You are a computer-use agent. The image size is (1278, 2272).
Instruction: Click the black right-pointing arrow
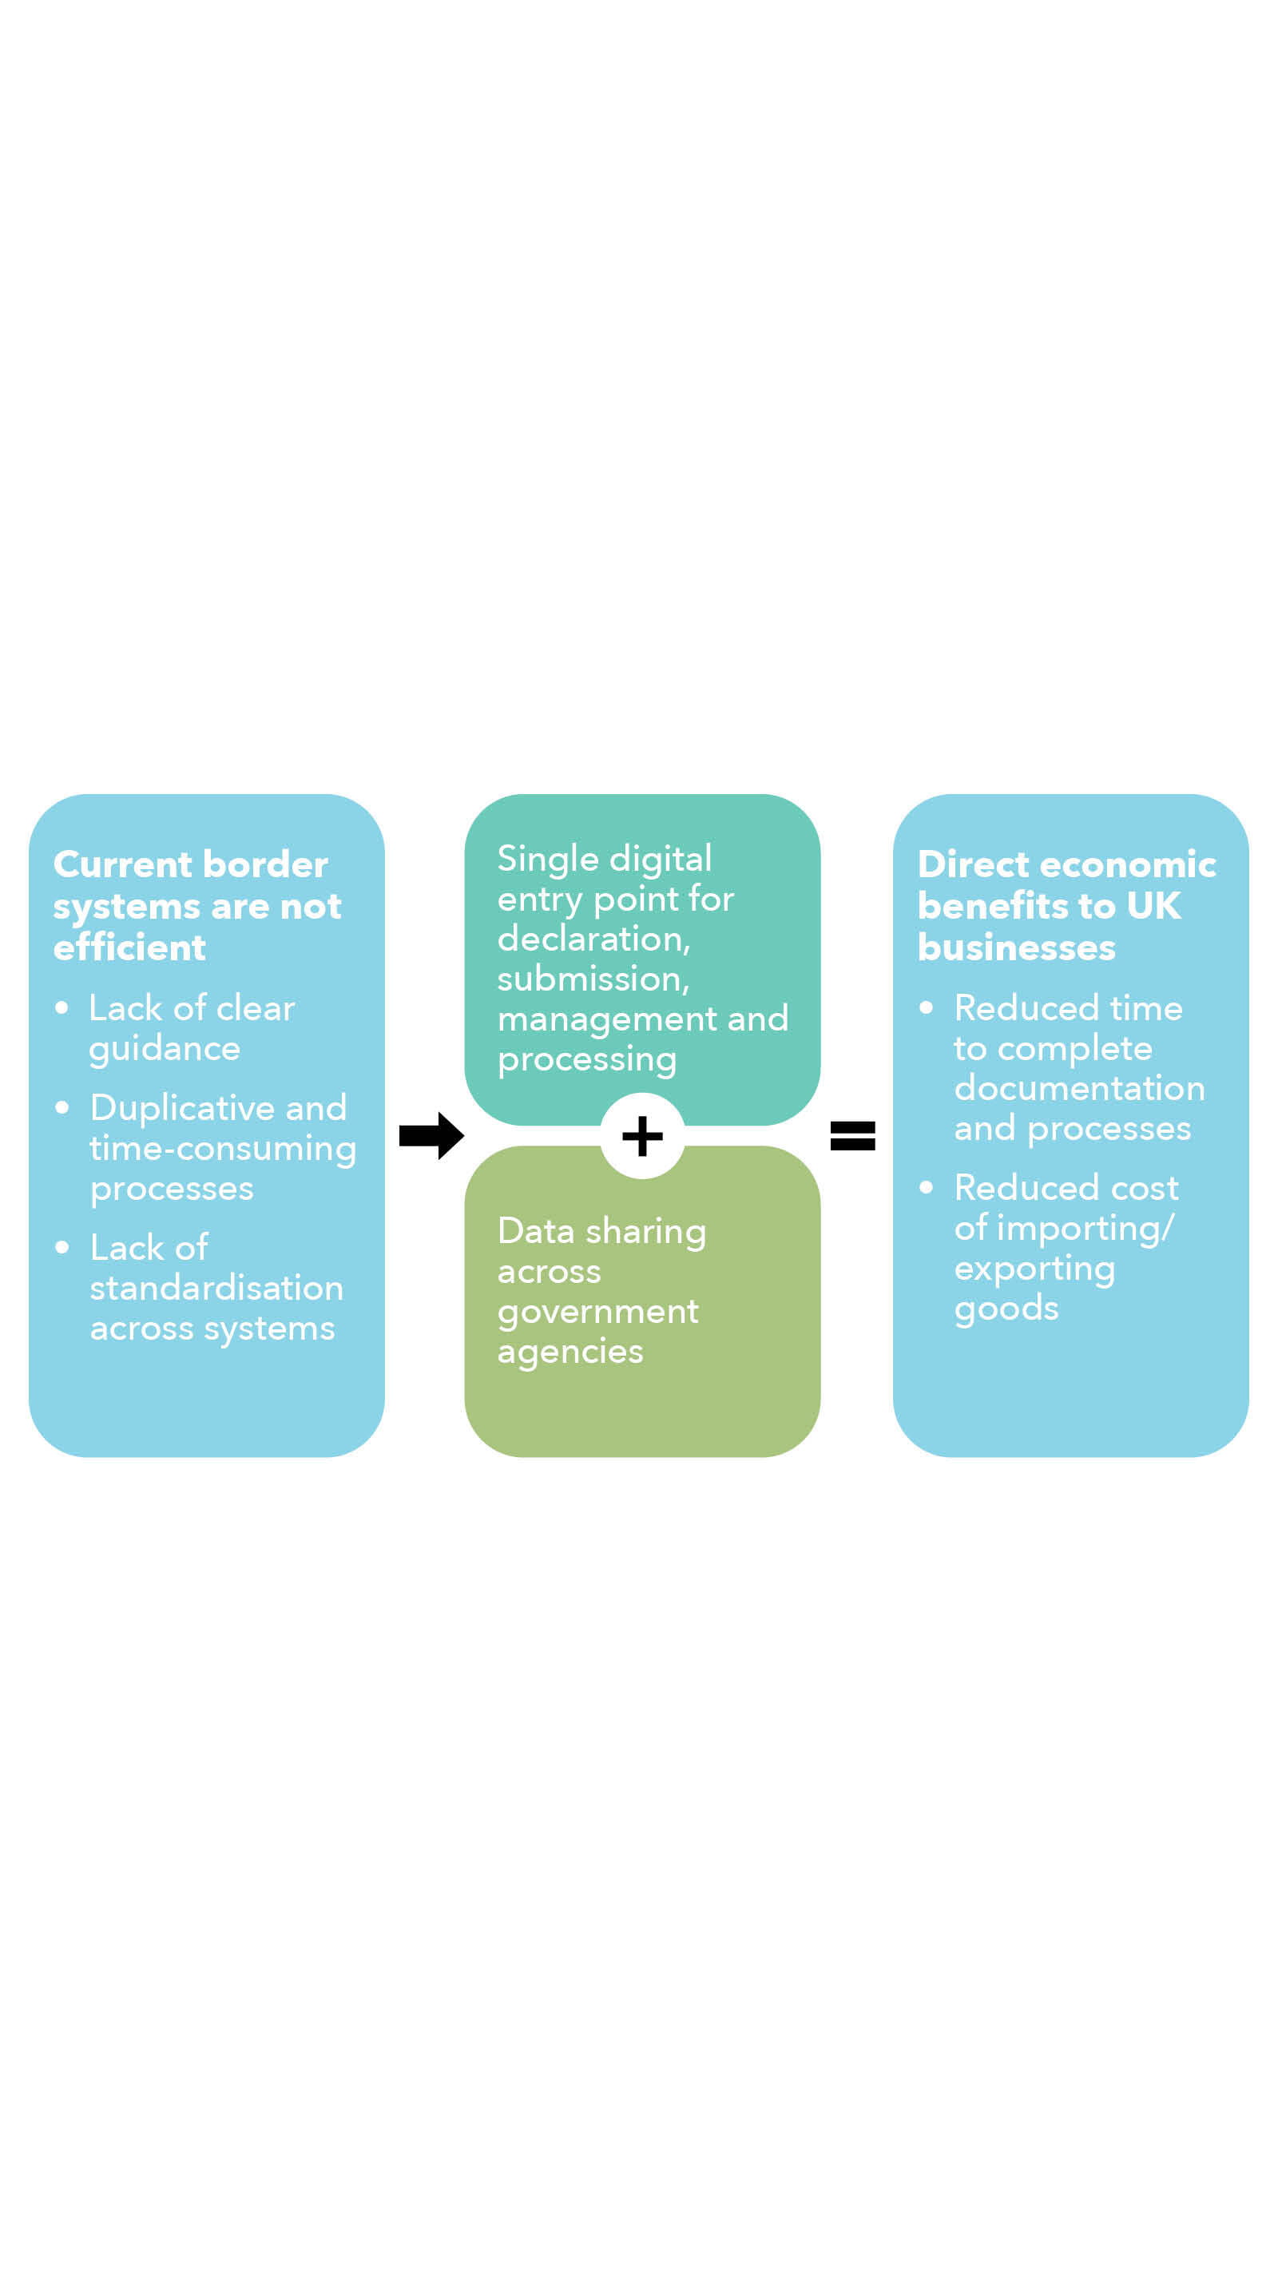pyautogui.click(x=431, y=1135)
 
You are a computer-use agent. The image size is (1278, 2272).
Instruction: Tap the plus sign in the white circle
pyautogui.click(x=642, y=1135)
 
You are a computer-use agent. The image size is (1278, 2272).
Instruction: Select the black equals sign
pyautogui.click(x=852, y=1135)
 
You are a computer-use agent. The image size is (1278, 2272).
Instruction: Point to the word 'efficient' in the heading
pyautogui.click(x=129, y=947)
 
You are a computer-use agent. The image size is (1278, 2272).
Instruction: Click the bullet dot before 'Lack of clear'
pyautogui.click(x=62, y=1007)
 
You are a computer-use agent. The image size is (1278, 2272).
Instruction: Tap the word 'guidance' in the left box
pyautogui.click(x=164, y=1049)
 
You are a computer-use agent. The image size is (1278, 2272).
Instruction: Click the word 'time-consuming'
pyautogui.click(x=222, y=1148)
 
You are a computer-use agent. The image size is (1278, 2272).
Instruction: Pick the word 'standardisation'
pyautogui.click(x=216, y=1288)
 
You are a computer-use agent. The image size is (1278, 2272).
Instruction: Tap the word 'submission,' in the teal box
pyautogui.click(x=593, y=979)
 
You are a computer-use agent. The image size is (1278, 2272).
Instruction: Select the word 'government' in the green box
pyautogui.click(x=598, y=1313)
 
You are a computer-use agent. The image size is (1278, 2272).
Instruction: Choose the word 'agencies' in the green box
pyautogui.click(x=570, y=1352)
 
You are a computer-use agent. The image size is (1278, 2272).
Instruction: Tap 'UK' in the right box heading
pyautogui.click(x=1153, y=906)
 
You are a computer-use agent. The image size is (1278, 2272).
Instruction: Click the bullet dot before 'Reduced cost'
pyautogui.click(x=926, y=1187)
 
